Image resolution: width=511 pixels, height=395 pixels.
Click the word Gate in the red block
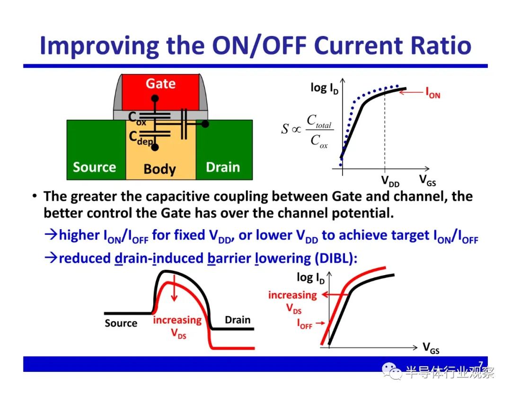pyautogui.click(x=161, y=83)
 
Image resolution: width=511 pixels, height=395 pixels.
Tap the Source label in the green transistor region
pyautogui.click(x=95, y=167)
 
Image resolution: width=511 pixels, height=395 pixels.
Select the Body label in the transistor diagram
pyautogui.click(x=160, y=169)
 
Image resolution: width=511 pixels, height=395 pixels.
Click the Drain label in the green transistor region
pyautogui.click(x=223, y=167)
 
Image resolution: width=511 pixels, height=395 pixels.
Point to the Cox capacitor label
pyautogui.click(x=137, y=118)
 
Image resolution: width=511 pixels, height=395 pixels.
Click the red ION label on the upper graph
pyautogui.click(x=433, y=93)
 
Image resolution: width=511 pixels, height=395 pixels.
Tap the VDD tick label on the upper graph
pyautogui.click(x=390, y=181)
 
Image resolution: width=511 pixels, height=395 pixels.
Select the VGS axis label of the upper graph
pyautogui.click(x=427, y=180)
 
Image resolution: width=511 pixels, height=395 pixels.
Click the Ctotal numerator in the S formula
pyautogui.click(x=319, y=121)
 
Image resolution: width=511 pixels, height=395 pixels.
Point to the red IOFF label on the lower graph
pyautogui.click(x=304, y=323)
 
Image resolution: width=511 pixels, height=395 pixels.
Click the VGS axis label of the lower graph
pyautogui.click(x=431, y=348)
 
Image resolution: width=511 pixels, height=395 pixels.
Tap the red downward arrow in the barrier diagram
pyautogui.click(x=174, y=287)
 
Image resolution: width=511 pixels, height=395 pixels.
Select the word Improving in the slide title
pyautogui.click(x=99, y=46)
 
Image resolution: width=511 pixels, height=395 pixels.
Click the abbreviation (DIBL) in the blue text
pyautogui.click(x=336, y=258)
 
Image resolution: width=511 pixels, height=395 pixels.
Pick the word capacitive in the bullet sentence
pyautogui.click(x=177, y=197)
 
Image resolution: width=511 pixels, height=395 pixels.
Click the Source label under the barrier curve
pyautogui.click(x=121, y=323)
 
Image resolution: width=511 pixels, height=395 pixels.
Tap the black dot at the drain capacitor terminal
pyautogui.click(x=205, y=124)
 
